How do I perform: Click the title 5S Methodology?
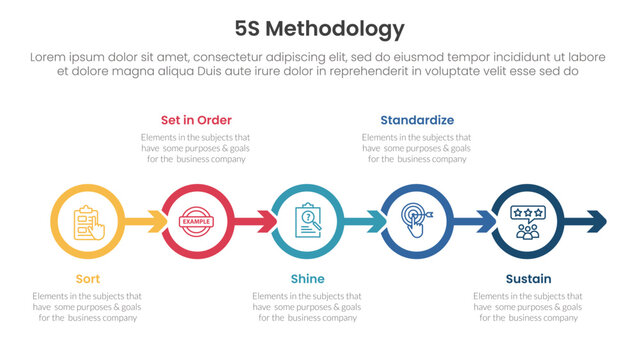click(319, 29)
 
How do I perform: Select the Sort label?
click(87, 279)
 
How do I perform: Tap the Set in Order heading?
click(196, 119)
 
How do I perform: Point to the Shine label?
click(307, 279)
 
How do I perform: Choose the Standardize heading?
click(417, 119)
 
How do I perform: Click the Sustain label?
click(526, 279)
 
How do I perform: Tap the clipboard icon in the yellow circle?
click(87, 221)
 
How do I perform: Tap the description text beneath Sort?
click(87, 307)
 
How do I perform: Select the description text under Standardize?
click(417, 147)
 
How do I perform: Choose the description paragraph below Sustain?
click(526, 307)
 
